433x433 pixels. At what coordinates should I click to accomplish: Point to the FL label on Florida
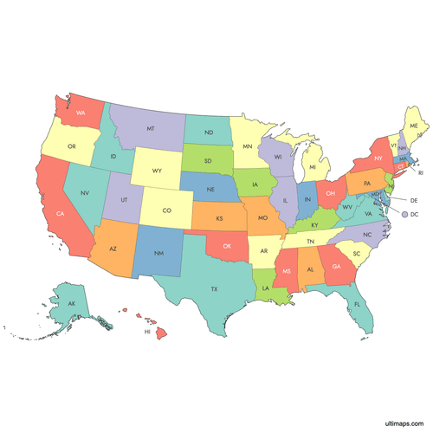coord(356,304)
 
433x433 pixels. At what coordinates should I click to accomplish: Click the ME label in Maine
coord(414,126)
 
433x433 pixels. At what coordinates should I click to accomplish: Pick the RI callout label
coord(422,172)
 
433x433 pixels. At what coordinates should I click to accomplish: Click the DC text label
coord(414,213)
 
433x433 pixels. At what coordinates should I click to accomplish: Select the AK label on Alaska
coord(73,304)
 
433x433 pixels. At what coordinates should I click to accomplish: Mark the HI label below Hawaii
coord(147,332)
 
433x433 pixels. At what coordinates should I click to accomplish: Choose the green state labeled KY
coord(313,224)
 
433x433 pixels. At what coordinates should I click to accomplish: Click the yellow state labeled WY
coord(157,171)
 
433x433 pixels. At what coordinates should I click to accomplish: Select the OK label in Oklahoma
coord(227,245)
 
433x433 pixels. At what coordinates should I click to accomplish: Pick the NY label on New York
coord(378,159)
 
